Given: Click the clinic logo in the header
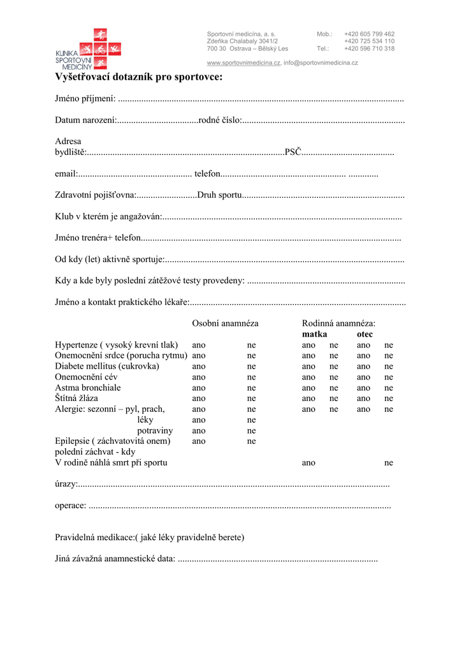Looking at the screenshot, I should click(88, 49).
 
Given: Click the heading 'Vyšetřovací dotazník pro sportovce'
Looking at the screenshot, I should click(139, 77).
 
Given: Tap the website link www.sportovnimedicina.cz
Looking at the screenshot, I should click(243, 62).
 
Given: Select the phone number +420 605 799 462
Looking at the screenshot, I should click(369, 34).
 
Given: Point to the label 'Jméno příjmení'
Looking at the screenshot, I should click(85, 99).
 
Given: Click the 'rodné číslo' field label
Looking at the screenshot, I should click(219, 120).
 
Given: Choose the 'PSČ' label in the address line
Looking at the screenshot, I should click(292, 152).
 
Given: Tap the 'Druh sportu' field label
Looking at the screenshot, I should click(219, 195).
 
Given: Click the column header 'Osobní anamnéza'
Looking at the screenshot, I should click(225, 323).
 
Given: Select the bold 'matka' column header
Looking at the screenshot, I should click(314, 334).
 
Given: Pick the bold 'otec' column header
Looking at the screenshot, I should click(365, 334).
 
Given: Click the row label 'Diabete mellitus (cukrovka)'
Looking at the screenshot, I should click(107, 366).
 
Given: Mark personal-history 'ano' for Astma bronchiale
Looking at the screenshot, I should click(199, 388).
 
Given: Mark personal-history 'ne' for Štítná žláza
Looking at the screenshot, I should click(251, 399).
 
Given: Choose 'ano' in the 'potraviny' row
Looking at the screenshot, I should click(199, 430).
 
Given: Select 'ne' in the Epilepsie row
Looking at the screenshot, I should click(251, 441).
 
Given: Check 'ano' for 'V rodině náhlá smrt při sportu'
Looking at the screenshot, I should click(308, 462).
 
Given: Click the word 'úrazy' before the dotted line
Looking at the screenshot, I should click(66, 484).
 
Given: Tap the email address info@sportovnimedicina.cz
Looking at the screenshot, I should click(321, 62).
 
